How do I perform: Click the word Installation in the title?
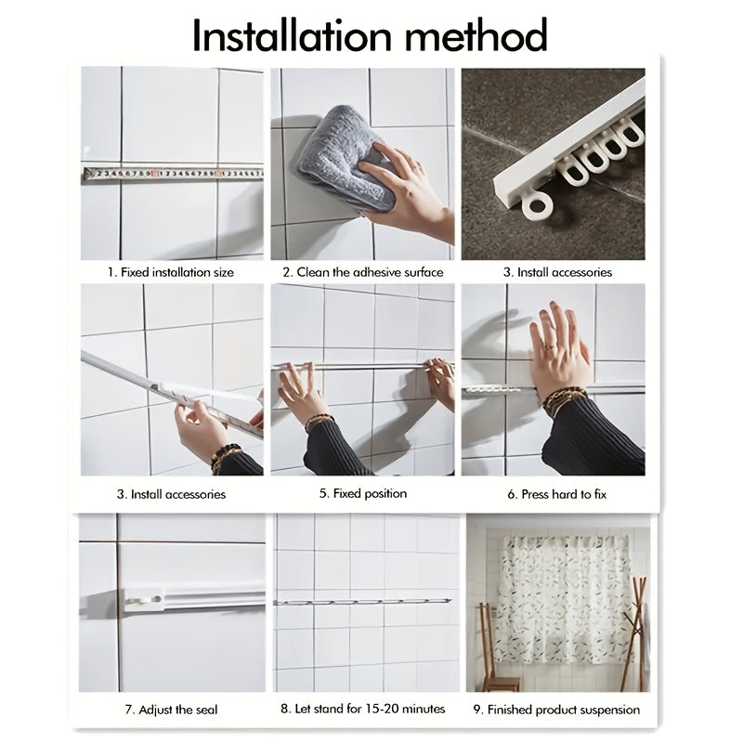[293, 35]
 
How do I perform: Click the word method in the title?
[476, 35]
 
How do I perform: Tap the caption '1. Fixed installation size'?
[171, 272]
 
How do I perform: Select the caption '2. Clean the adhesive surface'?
[363, 272]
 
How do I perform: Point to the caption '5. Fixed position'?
[363, 494]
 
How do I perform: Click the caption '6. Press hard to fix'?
[556, 495]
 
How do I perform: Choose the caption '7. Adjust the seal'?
[171, 710]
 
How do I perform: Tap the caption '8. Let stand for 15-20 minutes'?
[363, 709]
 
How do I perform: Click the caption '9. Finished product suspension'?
[556, 710]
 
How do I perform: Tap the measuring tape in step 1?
[173, 174]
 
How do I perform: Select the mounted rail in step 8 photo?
[362, 602]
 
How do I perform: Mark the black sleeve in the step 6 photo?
[594, 436]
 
